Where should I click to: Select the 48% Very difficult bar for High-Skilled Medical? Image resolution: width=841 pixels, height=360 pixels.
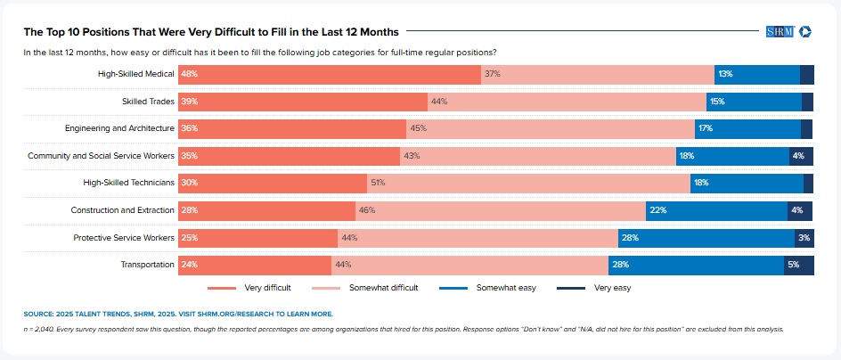tap(329, 74)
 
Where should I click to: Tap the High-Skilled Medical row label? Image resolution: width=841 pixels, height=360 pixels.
tap(135, 74)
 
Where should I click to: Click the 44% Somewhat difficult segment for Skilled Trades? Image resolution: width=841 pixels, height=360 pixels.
tap(567, 102)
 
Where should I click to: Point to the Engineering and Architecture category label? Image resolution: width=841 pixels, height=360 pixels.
tap(119, 128)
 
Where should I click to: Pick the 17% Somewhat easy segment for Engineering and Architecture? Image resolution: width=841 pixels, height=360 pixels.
tap(747, 128)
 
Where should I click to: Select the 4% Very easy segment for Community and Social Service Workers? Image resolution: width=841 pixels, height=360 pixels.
tap(801, 156)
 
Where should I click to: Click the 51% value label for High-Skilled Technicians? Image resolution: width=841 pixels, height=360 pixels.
tap(378, 183)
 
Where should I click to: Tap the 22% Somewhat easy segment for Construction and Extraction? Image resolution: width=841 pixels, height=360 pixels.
tap(716, 210)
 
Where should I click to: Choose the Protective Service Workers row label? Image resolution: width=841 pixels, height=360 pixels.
tap(124, 238)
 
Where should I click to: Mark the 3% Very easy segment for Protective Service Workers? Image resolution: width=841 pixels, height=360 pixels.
tap(804, 238)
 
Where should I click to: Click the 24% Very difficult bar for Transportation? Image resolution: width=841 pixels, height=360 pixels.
tap(254, 265)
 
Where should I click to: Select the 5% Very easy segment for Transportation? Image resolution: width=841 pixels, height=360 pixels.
tap(798, 265)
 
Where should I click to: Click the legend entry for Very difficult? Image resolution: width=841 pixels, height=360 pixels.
tap(249, 288)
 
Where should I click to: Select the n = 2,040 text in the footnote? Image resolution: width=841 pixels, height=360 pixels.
tap(41, 329)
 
